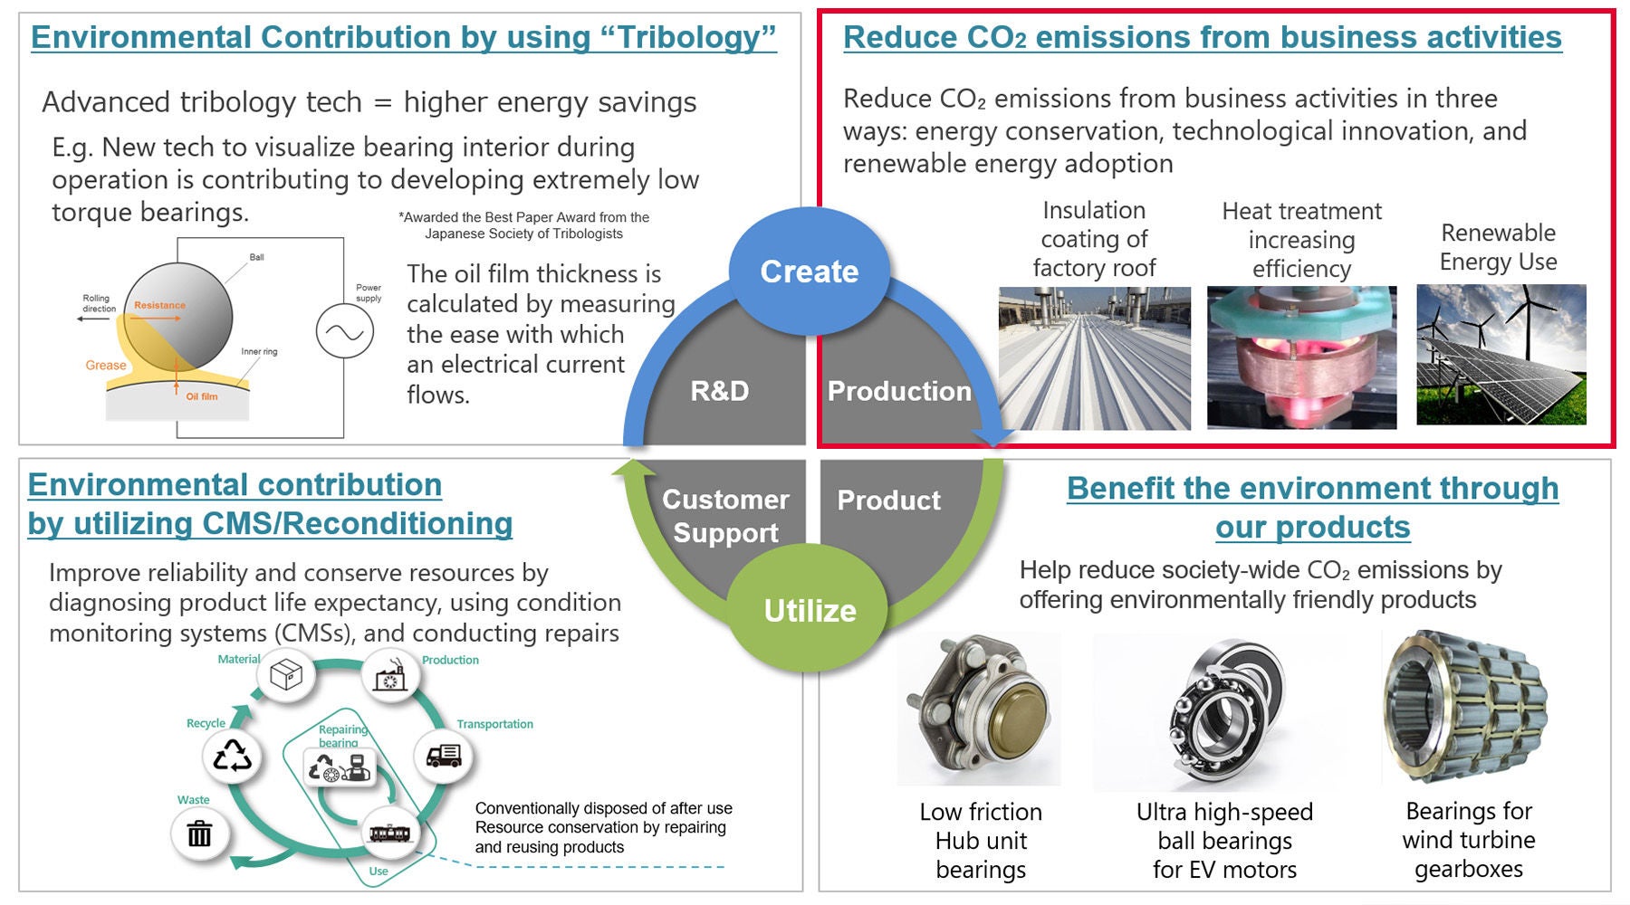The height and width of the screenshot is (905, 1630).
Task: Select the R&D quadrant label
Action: click(720, 391)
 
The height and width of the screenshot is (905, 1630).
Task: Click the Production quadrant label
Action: click(899, 391)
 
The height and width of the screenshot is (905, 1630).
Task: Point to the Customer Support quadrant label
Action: click(725, 516)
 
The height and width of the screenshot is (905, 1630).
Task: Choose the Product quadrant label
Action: click(888, 500)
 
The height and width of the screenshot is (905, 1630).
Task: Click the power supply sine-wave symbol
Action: click(344, 332)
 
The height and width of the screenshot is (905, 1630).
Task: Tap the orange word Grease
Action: click(106, 366)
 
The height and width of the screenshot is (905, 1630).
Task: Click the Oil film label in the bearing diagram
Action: click(202, 396)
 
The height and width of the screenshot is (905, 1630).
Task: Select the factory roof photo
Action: click(1094, 358)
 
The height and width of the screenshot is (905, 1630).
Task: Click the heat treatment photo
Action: click(1301, 357)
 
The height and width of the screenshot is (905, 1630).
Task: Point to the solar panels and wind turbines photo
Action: click(1501, 355)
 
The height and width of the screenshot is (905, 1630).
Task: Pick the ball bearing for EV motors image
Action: click(1224, 711)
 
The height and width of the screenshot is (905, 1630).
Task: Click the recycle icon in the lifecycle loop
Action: click(232, 756)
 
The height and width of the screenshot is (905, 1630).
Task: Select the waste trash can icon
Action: click(199, 834)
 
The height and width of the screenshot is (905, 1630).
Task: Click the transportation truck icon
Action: click(443, 756)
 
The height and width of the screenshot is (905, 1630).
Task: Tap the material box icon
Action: click(286, 674)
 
